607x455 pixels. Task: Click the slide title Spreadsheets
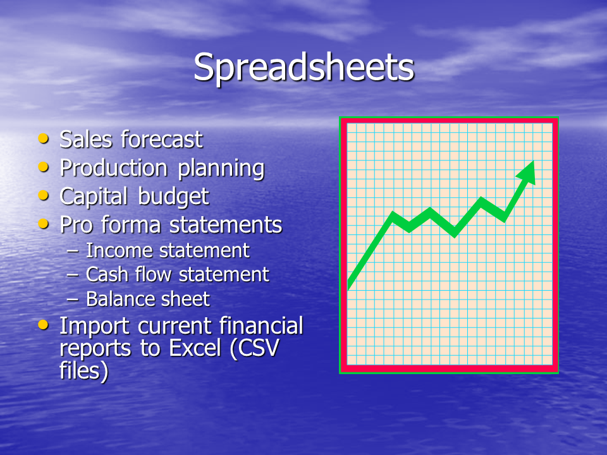coord(304,68)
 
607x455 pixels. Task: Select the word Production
coord(114,168)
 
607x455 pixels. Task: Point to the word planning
coord(221,169)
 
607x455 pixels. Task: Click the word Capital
coord(94,197)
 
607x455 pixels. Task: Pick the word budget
coord(173,197)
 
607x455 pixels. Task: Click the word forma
coord(131,225)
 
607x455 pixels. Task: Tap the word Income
coord(120,250)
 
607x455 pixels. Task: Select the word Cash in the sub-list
coord(107,274)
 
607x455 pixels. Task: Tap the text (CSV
coord(254,348)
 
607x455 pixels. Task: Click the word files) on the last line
coord(84,370)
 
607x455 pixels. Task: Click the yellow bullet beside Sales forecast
coord(44,138)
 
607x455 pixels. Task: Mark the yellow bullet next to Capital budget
coord(44,195)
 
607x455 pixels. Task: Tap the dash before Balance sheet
coord(72,300)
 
